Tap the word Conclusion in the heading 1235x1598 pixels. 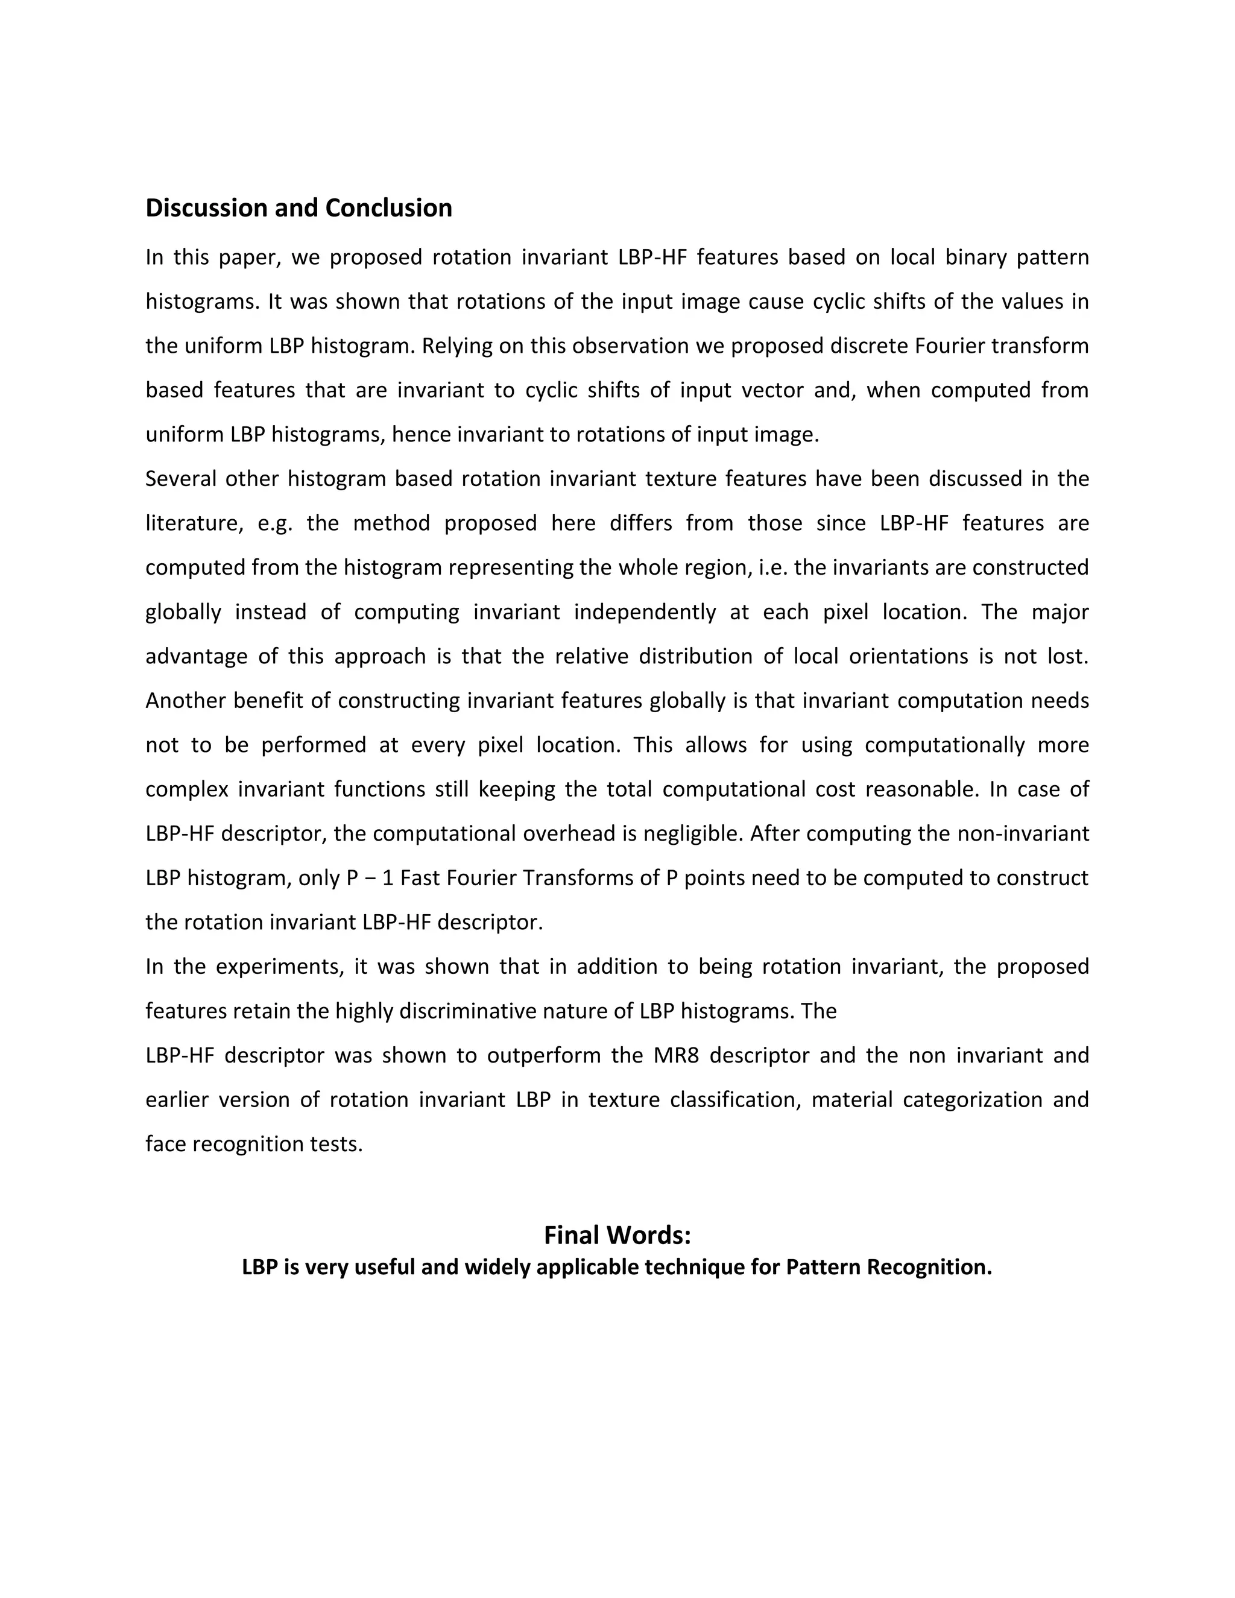tap(388, 209)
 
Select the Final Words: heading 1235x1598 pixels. tap(617, 1235)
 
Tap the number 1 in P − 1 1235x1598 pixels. tap(388, 878)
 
